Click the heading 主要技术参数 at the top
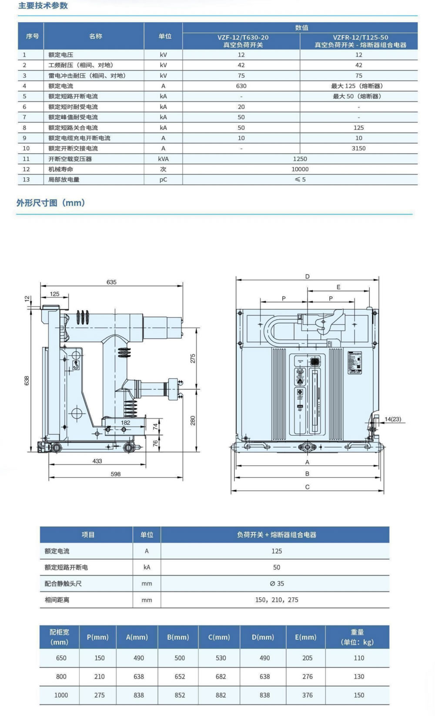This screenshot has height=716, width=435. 43,6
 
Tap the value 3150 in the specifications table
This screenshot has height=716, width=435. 358,148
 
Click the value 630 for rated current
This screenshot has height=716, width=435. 241,86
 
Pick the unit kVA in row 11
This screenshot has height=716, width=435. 163,159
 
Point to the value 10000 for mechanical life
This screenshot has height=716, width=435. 300,169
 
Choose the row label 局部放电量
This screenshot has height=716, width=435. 64,180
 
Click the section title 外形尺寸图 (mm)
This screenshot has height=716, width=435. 50,203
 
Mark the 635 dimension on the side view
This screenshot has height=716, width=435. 111,282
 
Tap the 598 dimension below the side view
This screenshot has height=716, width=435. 115,474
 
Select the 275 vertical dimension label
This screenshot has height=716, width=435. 193,358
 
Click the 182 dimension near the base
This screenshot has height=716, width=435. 125,423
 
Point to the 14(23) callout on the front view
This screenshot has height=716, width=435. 393,419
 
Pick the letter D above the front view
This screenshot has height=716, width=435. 307,276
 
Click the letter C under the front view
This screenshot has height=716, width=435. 307,487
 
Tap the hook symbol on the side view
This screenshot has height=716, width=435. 76,365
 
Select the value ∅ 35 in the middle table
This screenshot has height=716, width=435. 277,584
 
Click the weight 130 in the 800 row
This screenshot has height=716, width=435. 359,677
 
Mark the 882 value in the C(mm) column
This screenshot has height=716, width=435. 221,696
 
